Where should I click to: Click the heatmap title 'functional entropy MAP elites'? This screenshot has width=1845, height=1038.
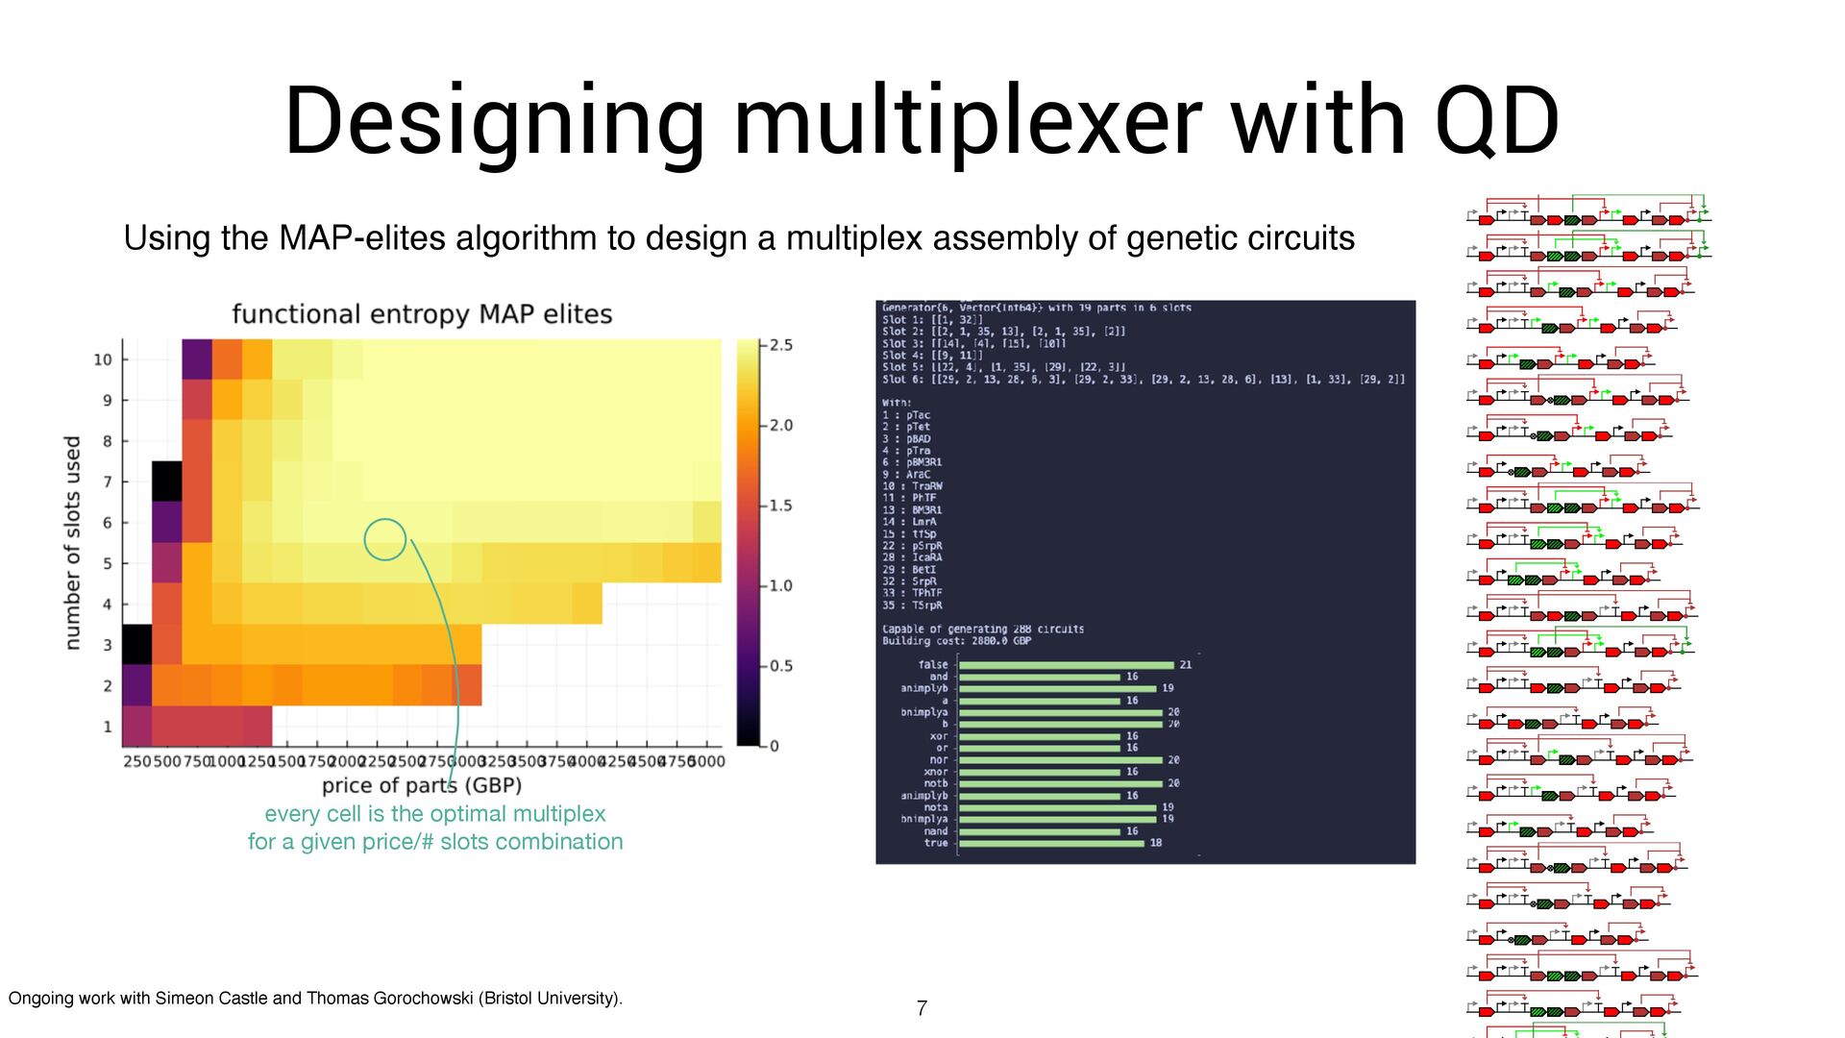point(422,314)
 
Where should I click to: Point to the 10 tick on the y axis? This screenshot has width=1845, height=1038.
point(103,359)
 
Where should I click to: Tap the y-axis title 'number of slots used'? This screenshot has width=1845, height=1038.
point(72,542)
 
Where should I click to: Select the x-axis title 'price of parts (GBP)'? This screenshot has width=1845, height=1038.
point(422,785)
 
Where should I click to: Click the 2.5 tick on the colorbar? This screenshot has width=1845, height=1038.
point(779,345)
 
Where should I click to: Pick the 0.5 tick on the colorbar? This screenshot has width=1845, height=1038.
point(779,666)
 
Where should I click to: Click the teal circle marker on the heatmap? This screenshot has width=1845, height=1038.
point(385,539)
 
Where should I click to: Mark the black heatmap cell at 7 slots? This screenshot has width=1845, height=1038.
point(167,481)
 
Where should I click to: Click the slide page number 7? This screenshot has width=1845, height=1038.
point(922,1008)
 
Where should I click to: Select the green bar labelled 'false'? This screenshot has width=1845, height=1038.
point(1066,665)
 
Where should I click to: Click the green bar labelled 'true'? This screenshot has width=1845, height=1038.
point(1051,843)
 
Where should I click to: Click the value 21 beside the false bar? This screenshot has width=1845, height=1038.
point(1186,665)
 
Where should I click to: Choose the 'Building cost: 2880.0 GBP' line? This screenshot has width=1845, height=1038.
point(956,641)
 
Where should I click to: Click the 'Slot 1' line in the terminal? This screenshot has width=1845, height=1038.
point(931,320)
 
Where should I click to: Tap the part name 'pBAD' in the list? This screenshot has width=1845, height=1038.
point(918,439)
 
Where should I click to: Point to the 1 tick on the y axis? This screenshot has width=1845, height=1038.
point(108,727)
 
